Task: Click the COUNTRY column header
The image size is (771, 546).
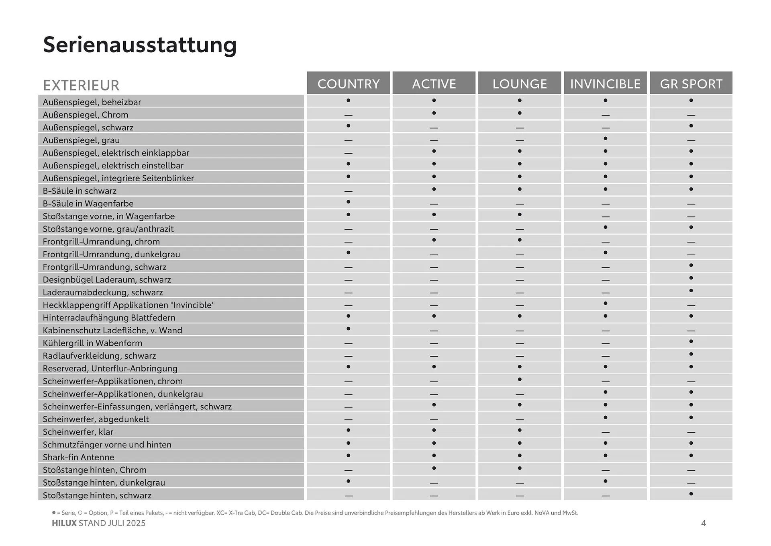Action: point(348,84)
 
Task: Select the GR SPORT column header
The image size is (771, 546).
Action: point(691,84)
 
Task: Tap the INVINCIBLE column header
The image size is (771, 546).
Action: point(605,84)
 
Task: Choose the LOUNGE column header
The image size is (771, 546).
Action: point(520,84)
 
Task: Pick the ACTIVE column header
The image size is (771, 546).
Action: point(434,84)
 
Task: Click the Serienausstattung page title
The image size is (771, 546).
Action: point(140,45)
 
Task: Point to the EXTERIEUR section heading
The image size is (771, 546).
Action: point(81,85)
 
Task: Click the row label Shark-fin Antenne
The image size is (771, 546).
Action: point(78,457)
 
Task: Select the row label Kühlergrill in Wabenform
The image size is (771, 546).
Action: point(92,343)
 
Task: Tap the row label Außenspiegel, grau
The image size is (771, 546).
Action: point(81,140)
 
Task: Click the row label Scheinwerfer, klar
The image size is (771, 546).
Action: point(78,432)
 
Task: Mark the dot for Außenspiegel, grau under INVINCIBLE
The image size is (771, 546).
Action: point(605,138)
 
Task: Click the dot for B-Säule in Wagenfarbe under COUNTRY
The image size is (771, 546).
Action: point(348,202)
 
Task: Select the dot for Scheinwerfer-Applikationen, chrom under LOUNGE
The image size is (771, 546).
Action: point(520,380)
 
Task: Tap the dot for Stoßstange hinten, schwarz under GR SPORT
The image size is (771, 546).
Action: point(691,494)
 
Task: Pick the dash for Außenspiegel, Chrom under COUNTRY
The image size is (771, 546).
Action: point(348,115)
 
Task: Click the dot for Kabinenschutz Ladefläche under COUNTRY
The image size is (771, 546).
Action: point(348,328)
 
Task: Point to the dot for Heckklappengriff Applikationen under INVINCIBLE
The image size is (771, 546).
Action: point(605,303)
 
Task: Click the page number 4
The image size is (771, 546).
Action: point(703,523)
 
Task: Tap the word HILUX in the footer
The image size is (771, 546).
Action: point(64,523)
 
